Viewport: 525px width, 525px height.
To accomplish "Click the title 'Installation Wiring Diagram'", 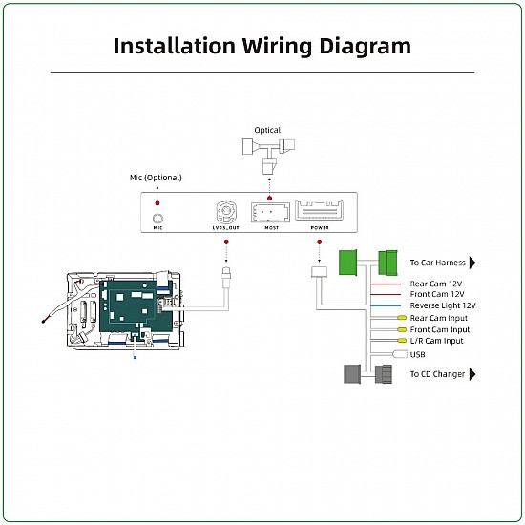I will coord(262,45).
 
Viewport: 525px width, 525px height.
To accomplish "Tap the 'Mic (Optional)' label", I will coord(156,178).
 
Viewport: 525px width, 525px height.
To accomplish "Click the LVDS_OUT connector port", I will coord(226,212).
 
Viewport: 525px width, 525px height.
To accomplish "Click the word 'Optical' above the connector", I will coord(267,130).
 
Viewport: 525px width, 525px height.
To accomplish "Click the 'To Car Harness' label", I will coord(437,262).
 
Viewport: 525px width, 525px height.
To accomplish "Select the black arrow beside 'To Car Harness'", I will coord(472,262).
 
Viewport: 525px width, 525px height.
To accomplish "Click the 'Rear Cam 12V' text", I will coord(434,283).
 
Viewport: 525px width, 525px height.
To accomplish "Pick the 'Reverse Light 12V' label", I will coord(443,305).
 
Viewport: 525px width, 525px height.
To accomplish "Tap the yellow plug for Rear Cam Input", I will coord(402,318).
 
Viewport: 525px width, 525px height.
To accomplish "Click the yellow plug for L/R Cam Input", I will coord(402,341).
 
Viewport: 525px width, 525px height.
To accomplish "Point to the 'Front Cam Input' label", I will coord(439,329).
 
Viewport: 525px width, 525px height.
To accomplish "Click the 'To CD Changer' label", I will coord(437,374).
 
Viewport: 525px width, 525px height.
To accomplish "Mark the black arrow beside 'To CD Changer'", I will coord(472,374).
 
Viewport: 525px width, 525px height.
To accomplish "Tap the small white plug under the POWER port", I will coord(320,272).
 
